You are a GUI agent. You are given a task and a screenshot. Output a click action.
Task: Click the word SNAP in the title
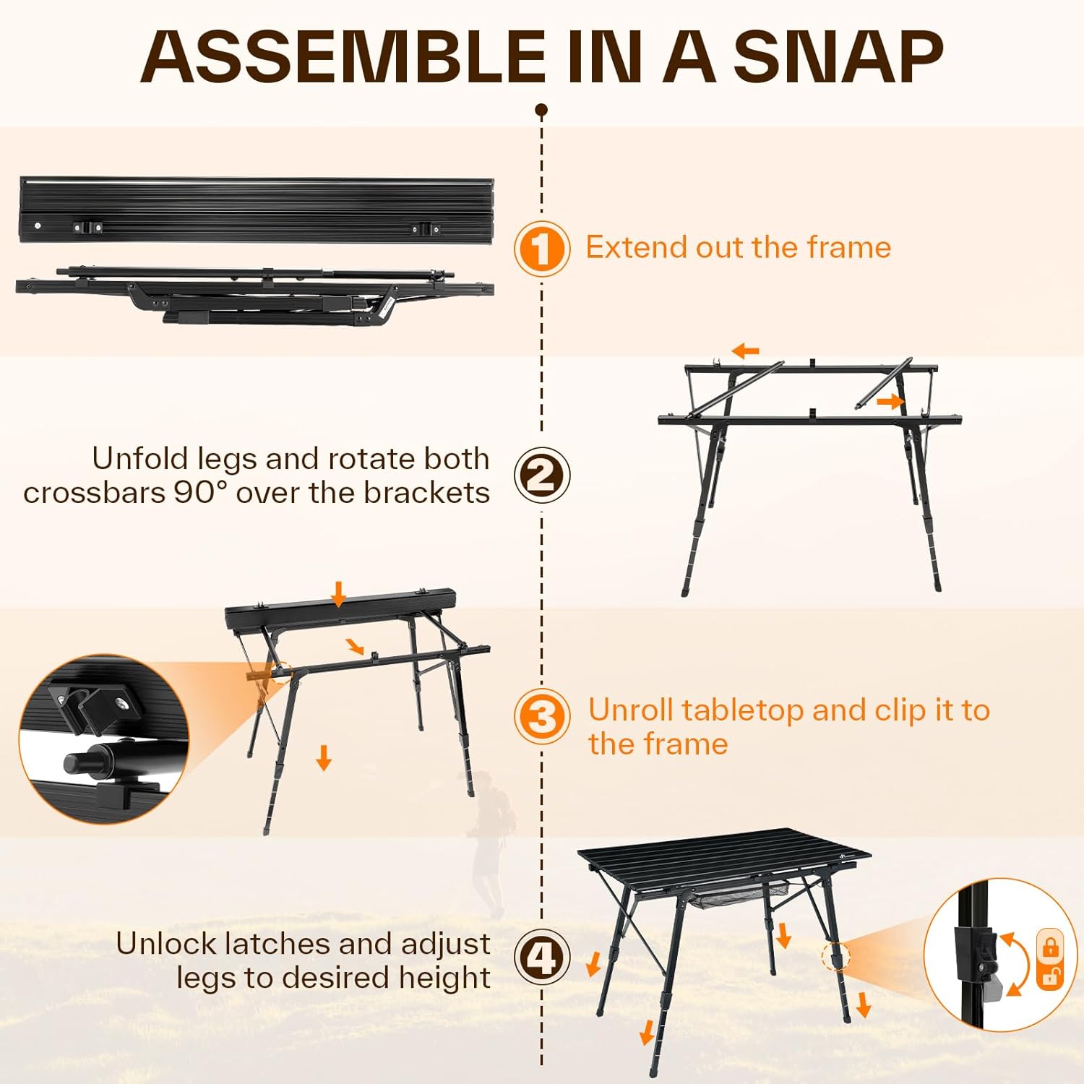click(x=838, y=56)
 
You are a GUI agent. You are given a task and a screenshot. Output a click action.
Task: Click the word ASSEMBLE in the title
click(x=343, y=56)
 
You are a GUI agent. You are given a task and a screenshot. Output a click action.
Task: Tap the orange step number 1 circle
click(x=542, y=249)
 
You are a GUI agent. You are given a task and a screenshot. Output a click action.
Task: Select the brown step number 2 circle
click(x=542, y=476)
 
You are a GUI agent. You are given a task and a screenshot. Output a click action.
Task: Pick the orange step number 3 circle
click(x=542, y=718)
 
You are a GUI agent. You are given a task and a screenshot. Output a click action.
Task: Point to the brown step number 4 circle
click(x=542, y=957)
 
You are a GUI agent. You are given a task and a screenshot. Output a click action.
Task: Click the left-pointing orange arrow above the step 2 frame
click(x=745, y=352)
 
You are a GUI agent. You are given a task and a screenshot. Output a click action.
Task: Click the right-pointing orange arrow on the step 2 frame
click(x=890, y=401)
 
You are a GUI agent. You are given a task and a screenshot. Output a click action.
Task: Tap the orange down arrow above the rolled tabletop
click(x=338, y=594)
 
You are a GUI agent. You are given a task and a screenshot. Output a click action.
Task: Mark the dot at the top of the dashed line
click(x=541, y=110)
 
